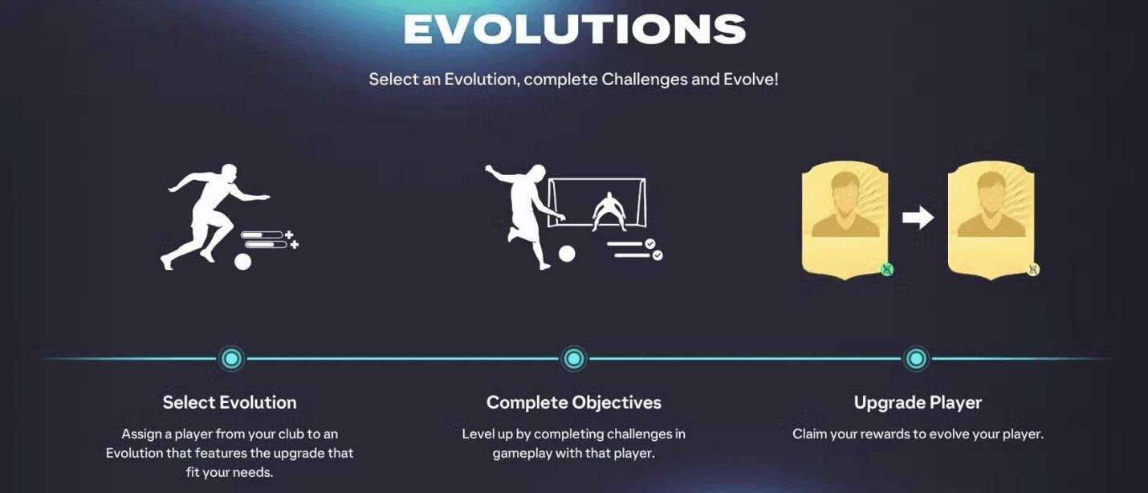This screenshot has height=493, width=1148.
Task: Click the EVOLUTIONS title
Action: click(x=574, y=29)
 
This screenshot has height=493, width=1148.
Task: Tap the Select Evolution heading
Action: click(x=230, y=402)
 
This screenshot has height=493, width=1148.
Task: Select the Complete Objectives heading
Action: click(x=573, y=403)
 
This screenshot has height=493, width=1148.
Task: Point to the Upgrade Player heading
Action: click(x=918, y=403)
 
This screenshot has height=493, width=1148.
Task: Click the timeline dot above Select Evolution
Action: click(x=231, y=358)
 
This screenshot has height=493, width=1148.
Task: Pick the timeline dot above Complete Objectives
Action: click(x=573, y=358)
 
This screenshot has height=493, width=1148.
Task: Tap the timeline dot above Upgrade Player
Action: click(x=916, y=358)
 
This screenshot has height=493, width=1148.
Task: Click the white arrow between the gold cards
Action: click(x=918, y=218)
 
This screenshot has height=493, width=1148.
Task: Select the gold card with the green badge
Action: click(x=845, y=220)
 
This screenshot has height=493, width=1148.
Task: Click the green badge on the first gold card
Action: click(x=887, y=269)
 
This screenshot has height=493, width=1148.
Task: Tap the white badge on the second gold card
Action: click(x=1033, y=269)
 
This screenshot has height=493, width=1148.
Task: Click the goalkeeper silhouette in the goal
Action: click(x=609, y=212)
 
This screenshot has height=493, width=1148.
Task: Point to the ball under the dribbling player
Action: click(x=242, y=262)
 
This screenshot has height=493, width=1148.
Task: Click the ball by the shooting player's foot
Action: click(x=566, y=254)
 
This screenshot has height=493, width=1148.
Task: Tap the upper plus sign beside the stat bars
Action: click(x=289, y=234)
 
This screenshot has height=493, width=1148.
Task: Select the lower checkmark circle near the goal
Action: click(x=657, y=255)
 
